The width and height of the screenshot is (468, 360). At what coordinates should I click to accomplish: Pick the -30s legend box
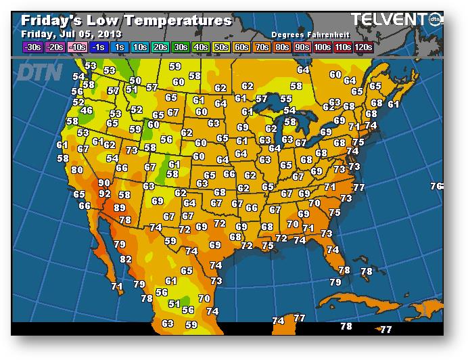tap(32, 47)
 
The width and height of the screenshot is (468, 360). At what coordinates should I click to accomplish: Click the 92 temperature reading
tap(104, 194)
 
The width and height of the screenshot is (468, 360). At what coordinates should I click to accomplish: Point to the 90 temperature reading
tap(103, 183)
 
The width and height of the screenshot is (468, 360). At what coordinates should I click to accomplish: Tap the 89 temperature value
tap(120, 208)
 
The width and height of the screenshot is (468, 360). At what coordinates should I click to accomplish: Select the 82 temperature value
tap(126, 258)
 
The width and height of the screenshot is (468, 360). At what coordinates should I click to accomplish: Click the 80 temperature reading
tap(77, 170)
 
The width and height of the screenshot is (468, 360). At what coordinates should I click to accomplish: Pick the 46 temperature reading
tap(87, 110)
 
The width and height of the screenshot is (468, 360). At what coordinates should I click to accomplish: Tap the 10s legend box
tap(140, 47)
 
